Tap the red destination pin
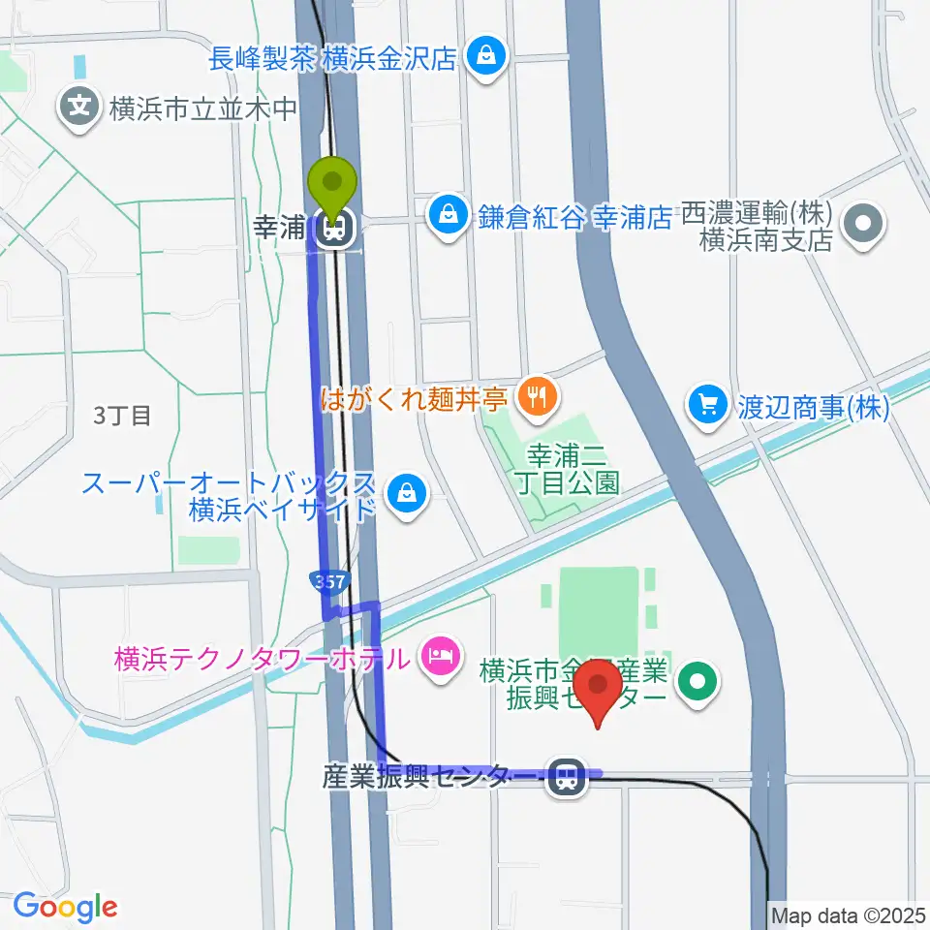[x=598, y=689]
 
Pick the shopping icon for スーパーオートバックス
[x=401, y=494]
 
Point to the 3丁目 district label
[x=122, y=416]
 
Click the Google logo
[x=65, y=906]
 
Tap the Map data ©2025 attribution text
[x=848, y=914]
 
